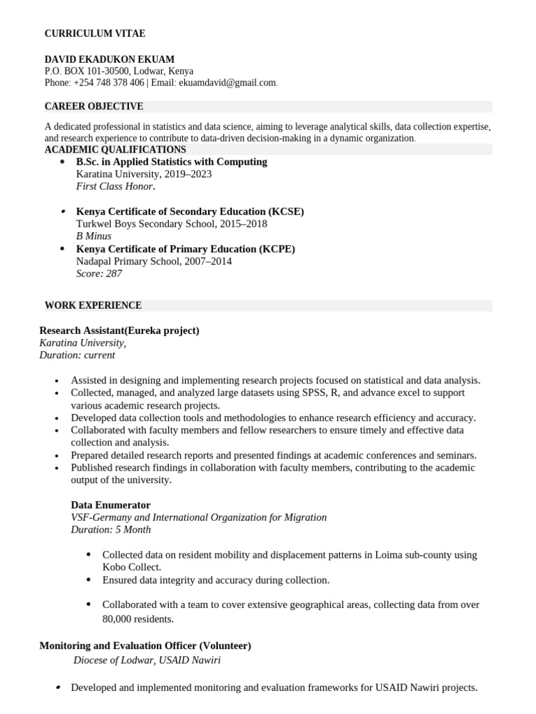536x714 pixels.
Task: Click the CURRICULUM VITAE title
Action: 95,33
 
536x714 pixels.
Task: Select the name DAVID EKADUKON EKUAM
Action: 110,60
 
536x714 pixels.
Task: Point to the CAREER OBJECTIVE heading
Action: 94,107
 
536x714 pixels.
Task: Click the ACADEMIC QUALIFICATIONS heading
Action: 115,150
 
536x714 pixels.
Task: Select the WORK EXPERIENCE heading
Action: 93,305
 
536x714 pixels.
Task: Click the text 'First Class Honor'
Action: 114,187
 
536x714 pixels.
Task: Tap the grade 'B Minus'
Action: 94,236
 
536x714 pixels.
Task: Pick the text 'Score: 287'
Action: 98,274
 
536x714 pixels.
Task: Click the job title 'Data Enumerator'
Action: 110,505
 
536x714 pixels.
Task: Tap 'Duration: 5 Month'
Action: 110,530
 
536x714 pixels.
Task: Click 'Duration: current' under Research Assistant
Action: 77,355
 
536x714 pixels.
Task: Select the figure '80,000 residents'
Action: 137,619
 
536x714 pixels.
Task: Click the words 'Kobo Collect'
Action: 131,568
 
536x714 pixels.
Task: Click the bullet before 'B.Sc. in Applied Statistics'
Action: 63,162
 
